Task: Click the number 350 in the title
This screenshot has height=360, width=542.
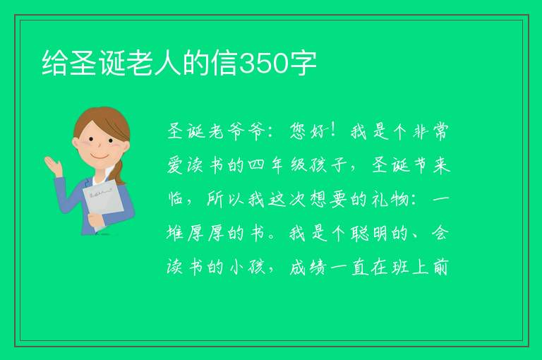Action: [264, 64]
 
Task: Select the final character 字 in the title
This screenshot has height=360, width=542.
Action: [303, 64]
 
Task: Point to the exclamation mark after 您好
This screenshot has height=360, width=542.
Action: [334, 131]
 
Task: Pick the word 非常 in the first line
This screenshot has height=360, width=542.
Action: [430, 131]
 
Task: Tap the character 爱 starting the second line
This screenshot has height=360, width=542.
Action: [175, 165]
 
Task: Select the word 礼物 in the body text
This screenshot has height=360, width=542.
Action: [390, 199]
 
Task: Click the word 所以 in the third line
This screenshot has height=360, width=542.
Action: [226, 199]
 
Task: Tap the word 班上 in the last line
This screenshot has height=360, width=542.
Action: [410, 267]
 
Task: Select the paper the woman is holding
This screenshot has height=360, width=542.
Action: [103, 203]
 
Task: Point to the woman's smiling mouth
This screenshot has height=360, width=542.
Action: [100, 156]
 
